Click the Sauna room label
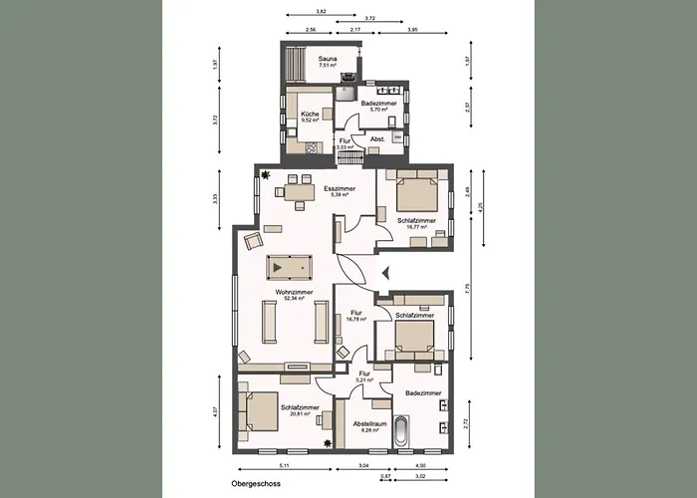point(328,60)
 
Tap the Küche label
point(310,115)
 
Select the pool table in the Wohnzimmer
point(290,266)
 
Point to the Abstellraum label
point(367,423)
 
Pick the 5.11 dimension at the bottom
point(283,465)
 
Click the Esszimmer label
point(340,188)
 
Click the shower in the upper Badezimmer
point(344,94)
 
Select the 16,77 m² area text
point(415,226)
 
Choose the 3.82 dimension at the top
point(321,11)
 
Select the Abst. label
point(377,139)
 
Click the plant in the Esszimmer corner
point(266,175)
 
